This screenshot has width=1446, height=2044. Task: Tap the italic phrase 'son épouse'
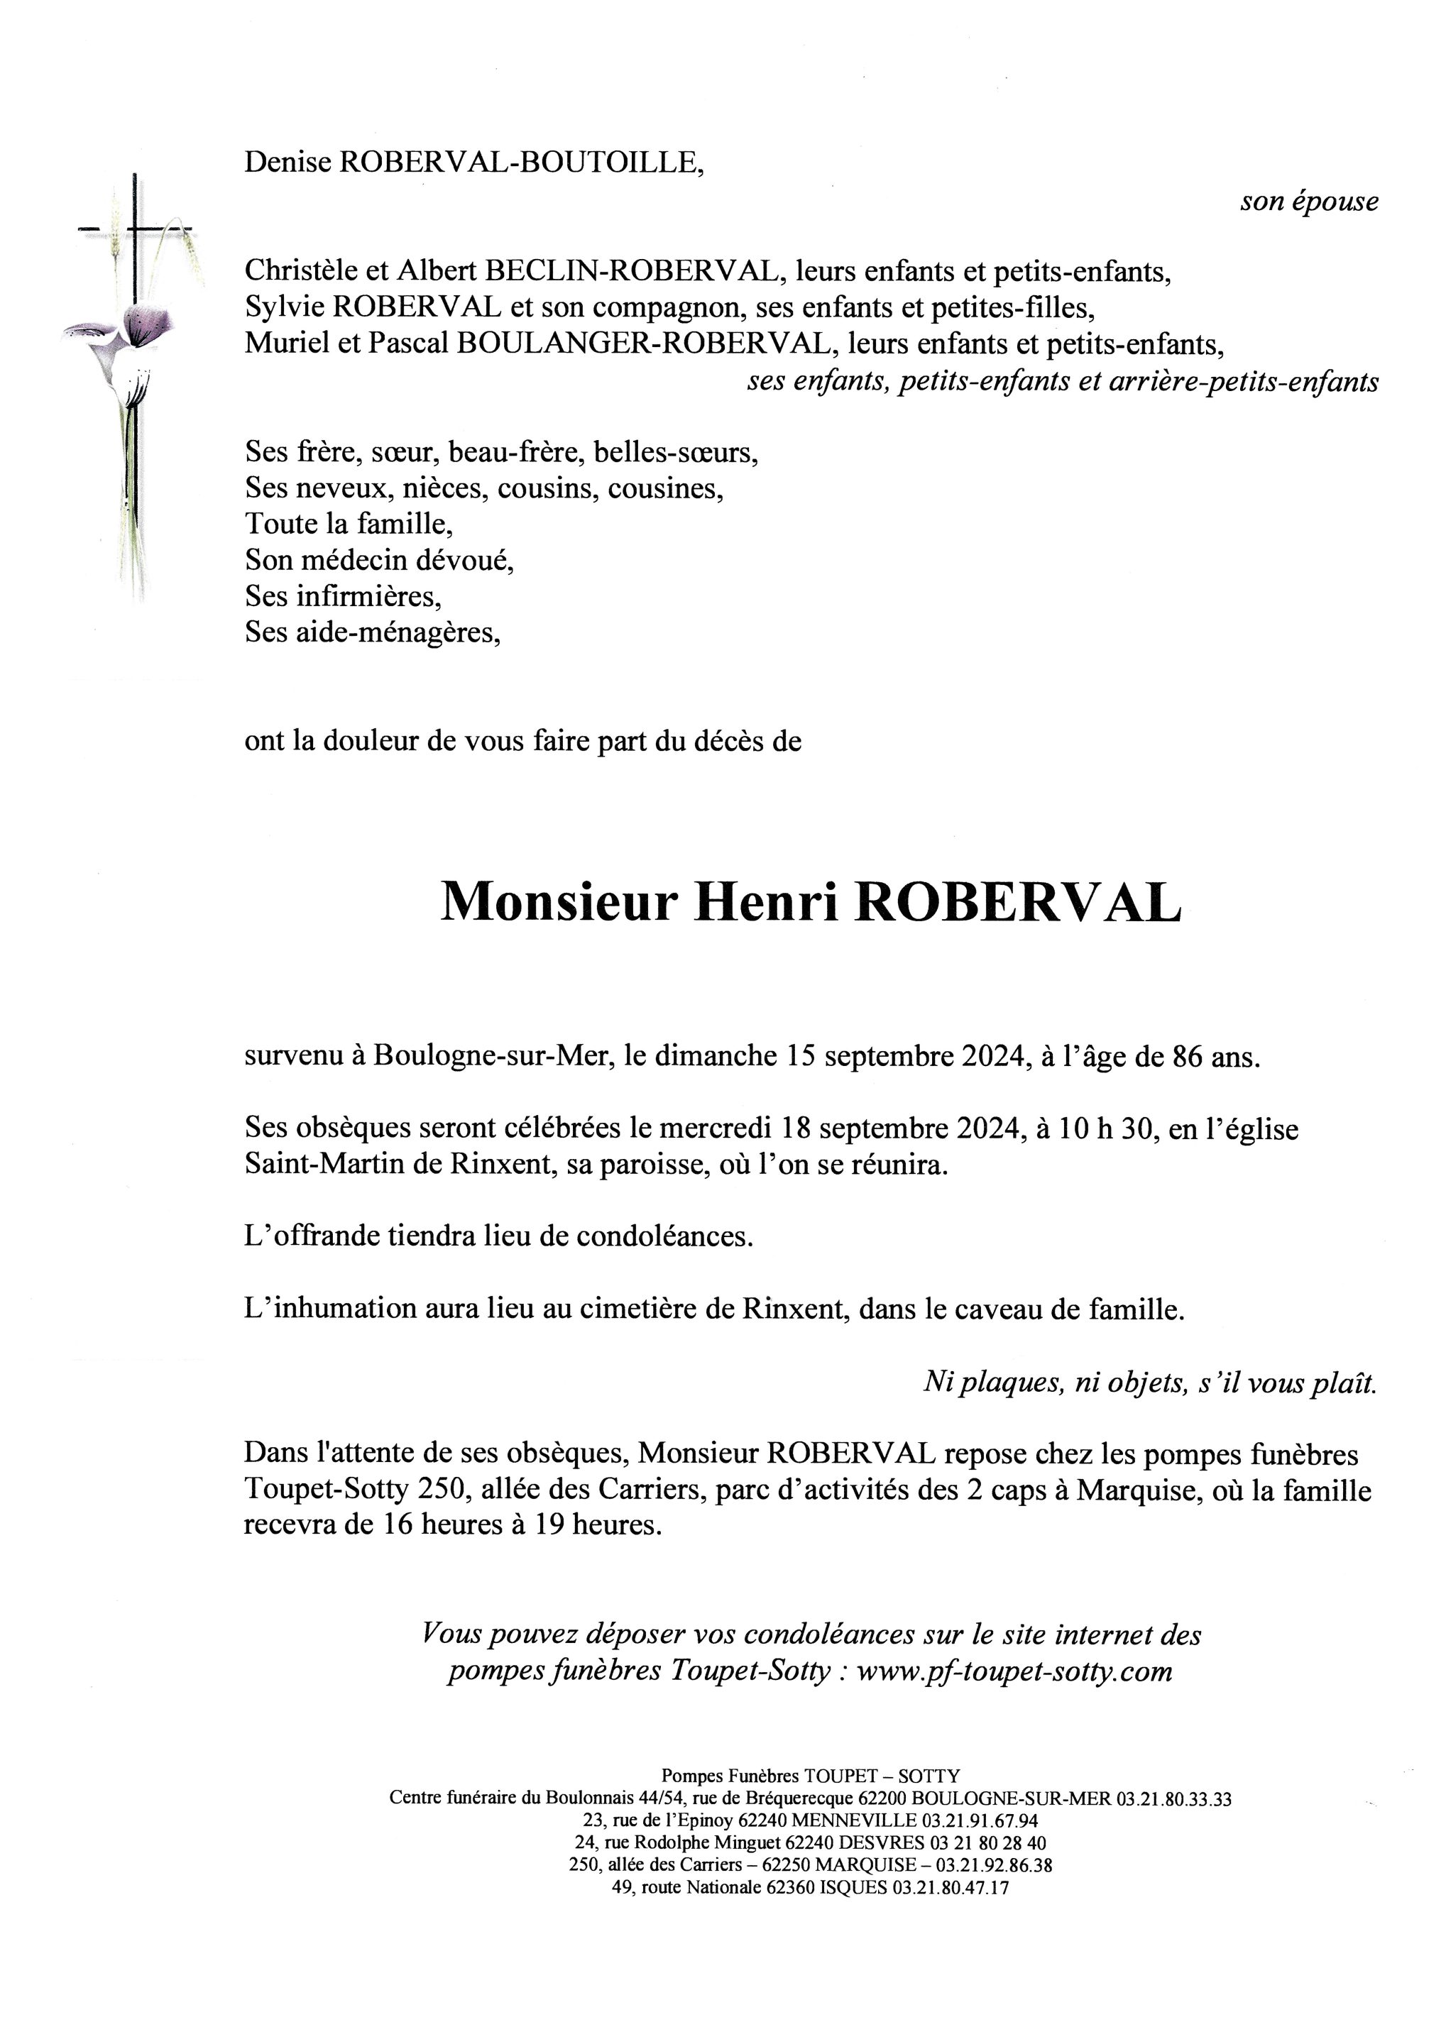[1309, 202]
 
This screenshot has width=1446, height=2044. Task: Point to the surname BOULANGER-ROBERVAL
[647, 344]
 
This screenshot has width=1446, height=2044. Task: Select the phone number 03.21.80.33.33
[1173, 1799]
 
